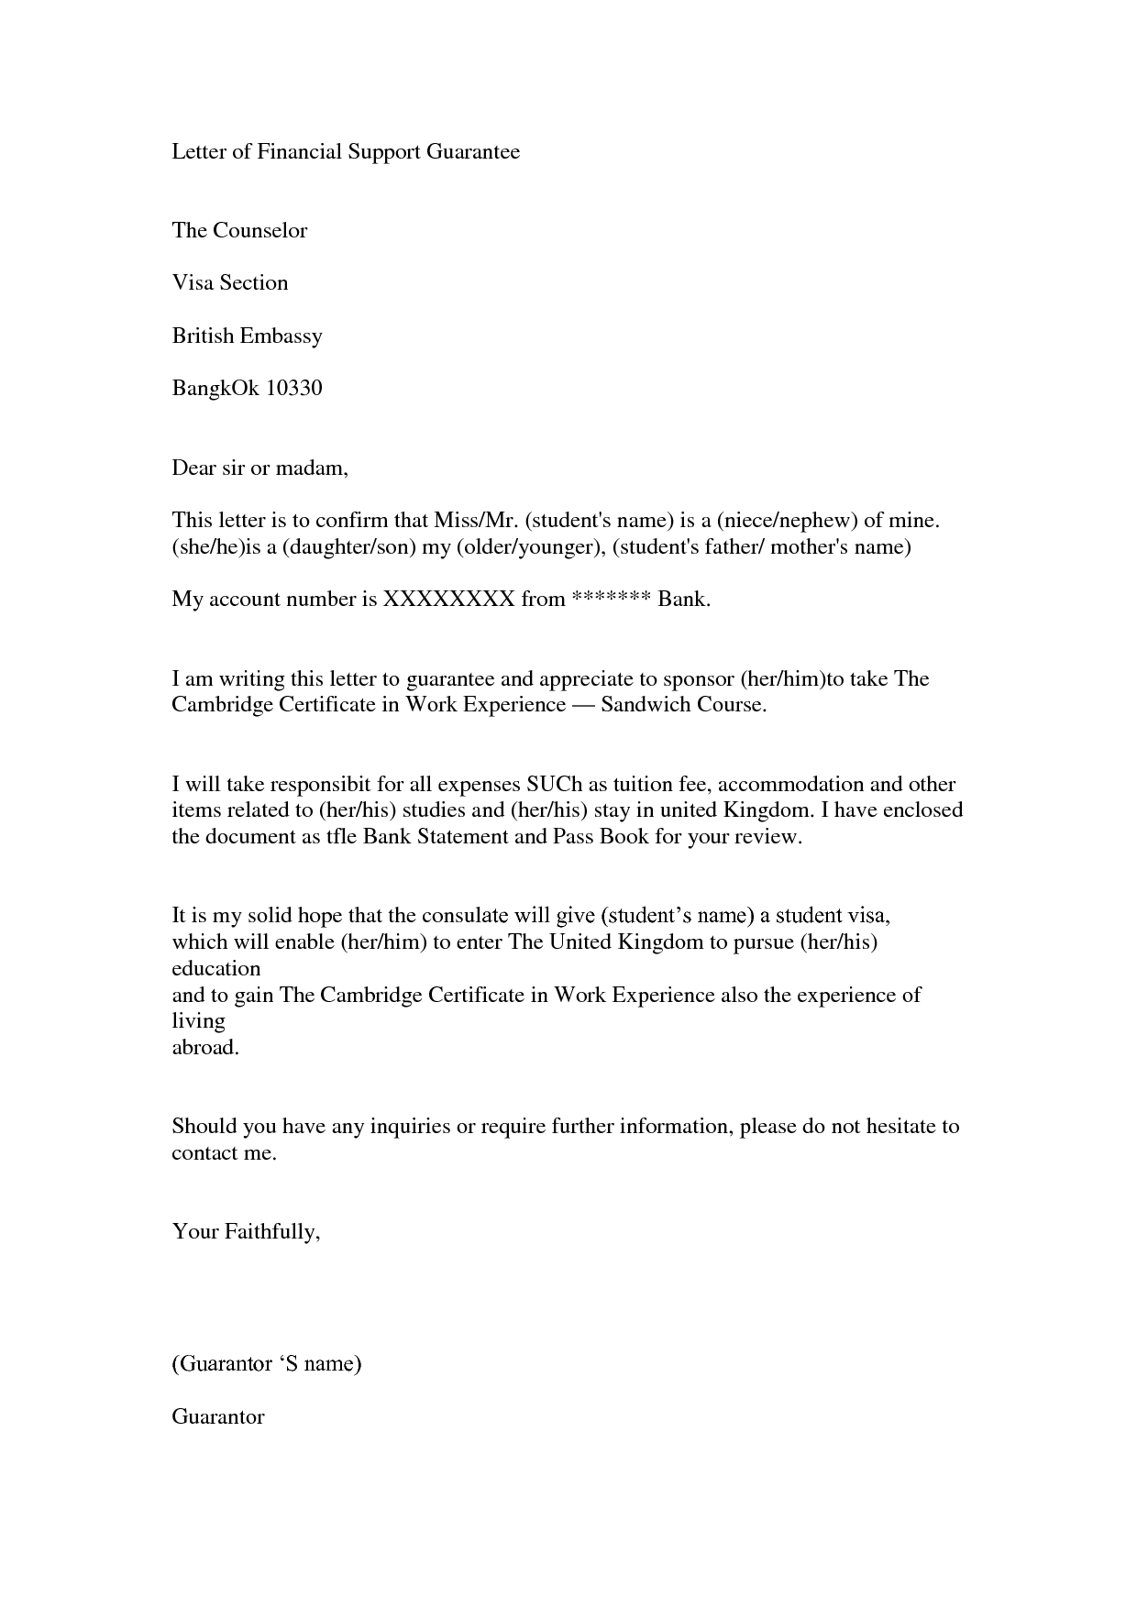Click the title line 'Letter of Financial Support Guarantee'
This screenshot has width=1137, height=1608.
tap(346, 151)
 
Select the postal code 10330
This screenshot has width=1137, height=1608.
tap(293, 388)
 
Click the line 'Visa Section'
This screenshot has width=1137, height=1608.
tap(230, 282)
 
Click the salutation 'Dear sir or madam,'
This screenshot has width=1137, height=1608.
tap(260, 468)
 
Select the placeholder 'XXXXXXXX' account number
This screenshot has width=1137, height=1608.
tap(448, 600)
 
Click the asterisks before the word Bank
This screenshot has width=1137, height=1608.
tap(611, 598)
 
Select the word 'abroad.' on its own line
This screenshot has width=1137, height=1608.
tap(205, 1048)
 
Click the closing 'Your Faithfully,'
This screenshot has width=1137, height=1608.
tap(246, 1231)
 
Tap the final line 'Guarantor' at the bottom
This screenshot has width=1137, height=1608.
tap(218, 1416)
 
